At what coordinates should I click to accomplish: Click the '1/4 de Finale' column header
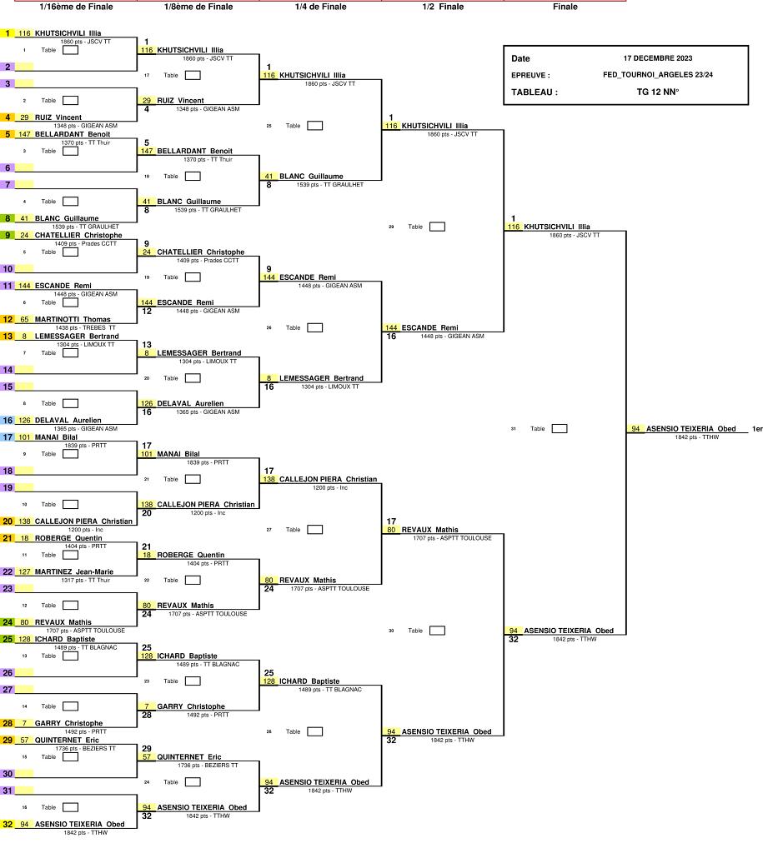pyautogui.click(x=320, y=7)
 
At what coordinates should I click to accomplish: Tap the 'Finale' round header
pyautogui.click(x=565, y=7)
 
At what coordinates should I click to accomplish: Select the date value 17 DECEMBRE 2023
pyautogui.click(x=658, y=58)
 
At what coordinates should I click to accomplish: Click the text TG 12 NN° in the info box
pyautogui.click(x=658, y=92)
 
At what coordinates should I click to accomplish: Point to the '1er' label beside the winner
pyautogui.click(x=757, y=429)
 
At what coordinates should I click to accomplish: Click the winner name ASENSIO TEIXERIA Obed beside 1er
pyautogui.click(x=690, y=429)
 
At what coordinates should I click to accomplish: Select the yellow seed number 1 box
pyautogui.click(x=8, y=33)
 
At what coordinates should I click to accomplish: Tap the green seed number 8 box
pyautogui.click(x=8, y=218)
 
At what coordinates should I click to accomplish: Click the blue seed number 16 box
pyautogui.click(x=8, y=420)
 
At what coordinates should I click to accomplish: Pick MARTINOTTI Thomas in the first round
pyautogui.click(x=73, y=319)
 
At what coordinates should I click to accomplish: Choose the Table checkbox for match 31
pyautogui.click(x=560, y=429)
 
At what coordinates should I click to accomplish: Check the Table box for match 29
pyautogui.click(x=437, y=227)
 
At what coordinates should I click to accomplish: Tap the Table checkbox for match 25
pyautogui.click(x=314, y=126)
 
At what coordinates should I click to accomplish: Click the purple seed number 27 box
pyautogui.click(x=8, y=689)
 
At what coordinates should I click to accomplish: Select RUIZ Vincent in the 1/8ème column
pyautogui.click(x=180, y=101)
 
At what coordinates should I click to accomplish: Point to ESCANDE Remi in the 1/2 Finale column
pyautogui.click(x=429, y=327)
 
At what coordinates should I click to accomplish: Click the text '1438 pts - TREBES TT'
pyautogui.click(x=86, y=327)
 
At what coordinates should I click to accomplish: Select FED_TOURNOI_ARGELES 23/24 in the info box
pyautogui.click(x=658, y=74)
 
